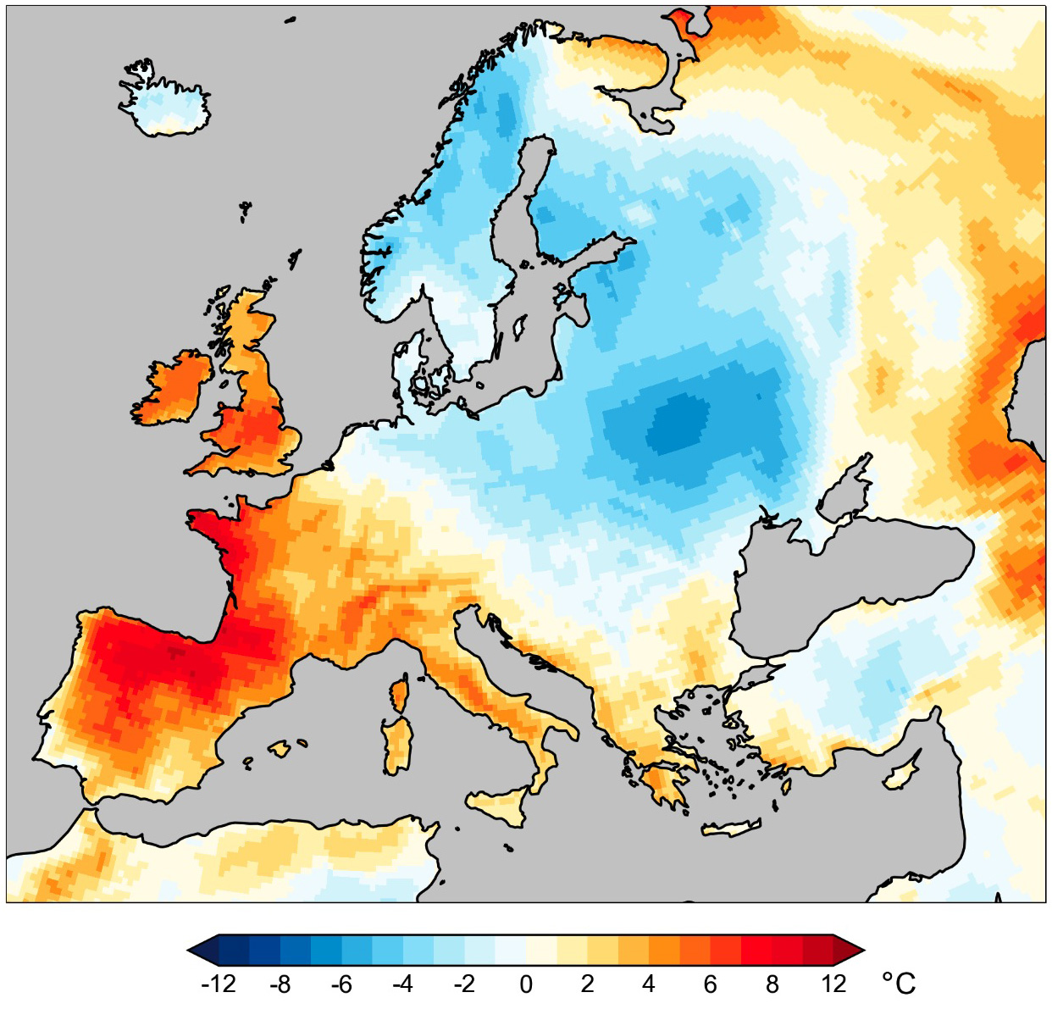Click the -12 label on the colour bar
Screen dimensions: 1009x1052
(219, 984)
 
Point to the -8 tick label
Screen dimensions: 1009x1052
(280, 984)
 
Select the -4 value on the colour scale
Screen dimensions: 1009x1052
(402, 984)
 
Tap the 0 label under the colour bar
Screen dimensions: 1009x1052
(526, 984)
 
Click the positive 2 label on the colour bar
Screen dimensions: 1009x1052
(587, 984)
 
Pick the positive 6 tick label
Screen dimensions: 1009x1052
(710, 984)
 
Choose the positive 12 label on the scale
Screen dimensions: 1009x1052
(833, 984)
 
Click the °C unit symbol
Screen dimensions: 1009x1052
(899, 983)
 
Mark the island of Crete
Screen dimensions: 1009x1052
(732, 829)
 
